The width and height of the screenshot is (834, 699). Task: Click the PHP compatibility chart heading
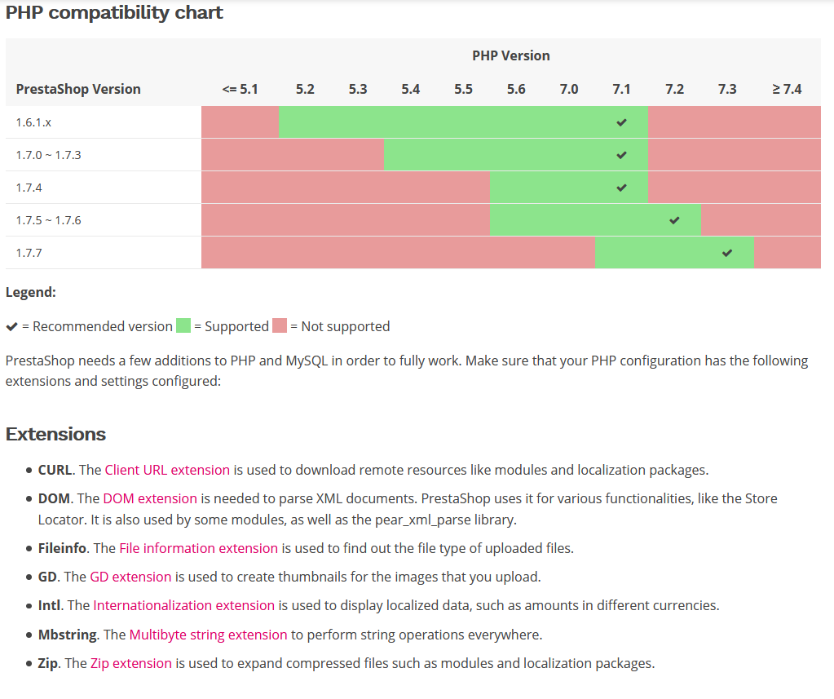(x=114, y=13)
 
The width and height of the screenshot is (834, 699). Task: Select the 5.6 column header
(x=516, y=89)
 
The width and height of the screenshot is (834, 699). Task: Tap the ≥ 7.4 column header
(x=787, y=89)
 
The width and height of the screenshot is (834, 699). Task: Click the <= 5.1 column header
(x=240, y=89)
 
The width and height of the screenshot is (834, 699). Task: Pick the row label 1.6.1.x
(x=33, y=122)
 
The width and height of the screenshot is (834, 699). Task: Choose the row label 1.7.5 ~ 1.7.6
(x=48, y=220)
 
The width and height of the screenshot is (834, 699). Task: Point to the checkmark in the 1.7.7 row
(x=727, y=253)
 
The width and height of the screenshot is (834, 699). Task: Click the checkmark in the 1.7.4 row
(x=622, y=188)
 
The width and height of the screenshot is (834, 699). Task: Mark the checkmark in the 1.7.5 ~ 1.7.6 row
(x=674, y=220)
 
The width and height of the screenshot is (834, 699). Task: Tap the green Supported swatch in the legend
(x=183, y=326)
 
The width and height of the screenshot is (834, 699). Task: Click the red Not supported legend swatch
(x=280, y=326)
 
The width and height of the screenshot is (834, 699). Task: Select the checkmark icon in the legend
(x=11, y=326)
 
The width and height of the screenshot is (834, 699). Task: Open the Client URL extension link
(x=167, y=470)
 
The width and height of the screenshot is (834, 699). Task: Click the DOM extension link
(x=150, y=498)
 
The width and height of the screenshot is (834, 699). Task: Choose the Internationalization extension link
(x=183, y=605)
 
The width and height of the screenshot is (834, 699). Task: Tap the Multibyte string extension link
(x=208, y=635)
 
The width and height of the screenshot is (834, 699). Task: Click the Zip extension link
(x=131, y=663)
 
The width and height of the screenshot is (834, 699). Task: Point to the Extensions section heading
(x=55, y=434)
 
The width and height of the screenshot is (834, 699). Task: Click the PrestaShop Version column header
(x=78, y=89)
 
